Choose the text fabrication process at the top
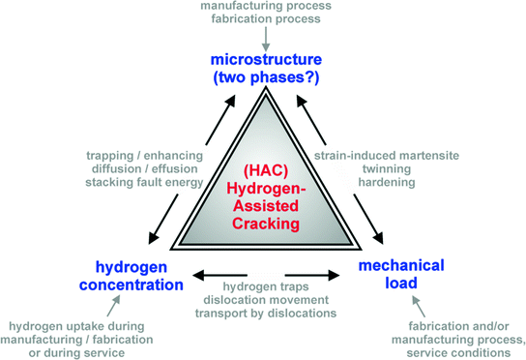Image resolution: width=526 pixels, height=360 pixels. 262,21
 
